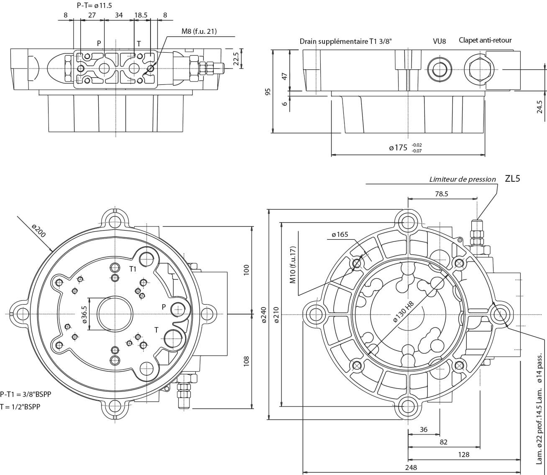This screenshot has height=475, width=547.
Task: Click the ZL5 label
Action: [512, 179]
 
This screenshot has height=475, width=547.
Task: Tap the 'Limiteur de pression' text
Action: [463, 180]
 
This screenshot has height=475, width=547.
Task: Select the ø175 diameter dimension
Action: [398, 147]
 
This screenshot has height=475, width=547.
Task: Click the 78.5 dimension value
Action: [441, 194]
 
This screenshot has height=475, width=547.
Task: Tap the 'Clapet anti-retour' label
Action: [485, 40]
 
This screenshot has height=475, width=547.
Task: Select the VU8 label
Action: [439, 41]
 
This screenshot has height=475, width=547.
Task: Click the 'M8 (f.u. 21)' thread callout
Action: [199, 31]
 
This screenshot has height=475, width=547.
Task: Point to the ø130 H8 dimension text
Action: [403, 311]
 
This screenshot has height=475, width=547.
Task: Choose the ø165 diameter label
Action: [340, 234]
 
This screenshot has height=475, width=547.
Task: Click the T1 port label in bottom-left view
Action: [133, 269]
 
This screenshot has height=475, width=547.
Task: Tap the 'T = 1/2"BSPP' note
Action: [20, 406]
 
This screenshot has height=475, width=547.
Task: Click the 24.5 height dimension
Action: [539, 107]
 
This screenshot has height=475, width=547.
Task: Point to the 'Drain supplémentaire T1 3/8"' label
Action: [345, 41]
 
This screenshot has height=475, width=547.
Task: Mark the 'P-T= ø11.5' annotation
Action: [94, 5]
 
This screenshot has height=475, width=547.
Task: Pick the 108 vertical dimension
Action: [246, 361]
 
